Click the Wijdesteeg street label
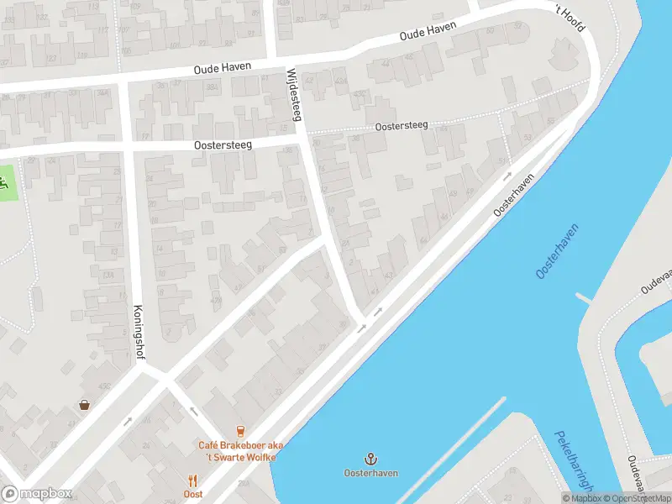(x=295, y=93)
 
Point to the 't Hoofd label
(x=567, y=18)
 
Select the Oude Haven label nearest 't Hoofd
(x=428, y=31)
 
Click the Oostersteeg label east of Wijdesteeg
(x=402, y=125)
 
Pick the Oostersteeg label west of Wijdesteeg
(x=235, y=144)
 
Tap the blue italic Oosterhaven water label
(x=558, y=250)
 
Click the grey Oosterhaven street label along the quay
(x=514, y=196)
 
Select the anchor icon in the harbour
(x=370, y=458)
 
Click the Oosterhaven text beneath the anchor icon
(x=370, y=473)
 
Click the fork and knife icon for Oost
(x=192, y=480)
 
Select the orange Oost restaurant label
(x=192, y=494)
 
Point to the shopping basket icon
(x=84, y=404)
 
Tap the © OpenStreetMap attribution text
(x=636, y=498)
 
